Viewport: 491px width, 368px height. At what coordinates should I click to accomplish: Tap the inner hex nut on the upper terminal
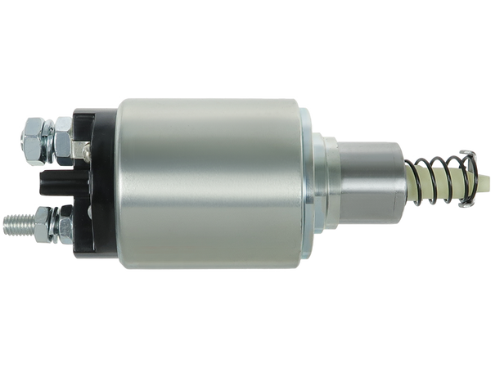(x=62, y=137)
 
